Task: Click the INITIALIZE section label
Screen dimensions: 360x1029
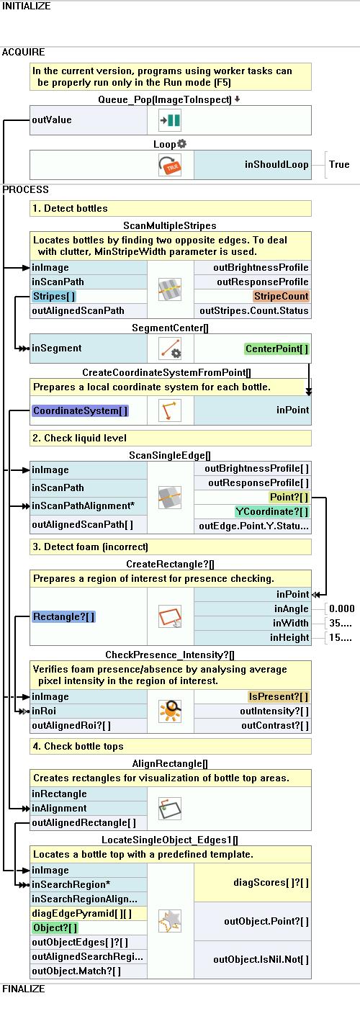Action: point(26,6)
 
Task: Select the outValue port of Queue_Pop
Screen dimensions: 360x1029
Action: point(51,120)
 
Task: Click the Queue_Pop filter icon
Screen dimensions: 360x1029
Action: point(170,120)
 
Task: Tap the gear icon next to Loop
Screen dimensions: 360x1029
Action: point(182,144)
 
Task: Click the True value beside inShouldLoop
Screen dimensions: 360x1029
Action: point(339,164)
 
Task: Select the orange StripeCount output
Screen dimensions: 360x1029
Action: point(281,296)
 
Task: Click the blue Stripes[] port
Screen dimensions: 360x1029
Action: point(54,296)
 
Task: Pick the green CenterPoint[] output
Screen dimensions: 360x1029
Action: point(277,349)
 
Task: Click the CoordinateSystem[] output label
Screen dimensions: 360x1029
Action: point(81,410)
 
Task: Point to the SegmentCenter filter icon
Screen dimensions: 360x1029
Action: point(170,349)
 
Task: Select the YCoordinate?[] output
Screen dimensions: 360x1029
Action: point(272,511)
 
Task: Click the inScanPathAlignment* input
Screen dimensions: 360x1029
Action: point(83,505)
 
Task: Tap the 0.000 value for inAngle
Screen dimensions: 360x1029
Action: point(341,608)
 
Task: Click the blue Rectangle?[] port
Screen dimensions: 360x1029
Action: point(63,616)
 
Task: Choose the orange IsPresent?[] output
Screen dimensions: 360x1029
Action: point(278,696)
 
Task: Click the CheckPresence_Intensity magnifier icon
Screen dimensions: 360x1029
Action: point(170,711)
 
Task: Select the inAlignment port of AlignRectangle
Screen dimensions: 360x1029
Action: point(59,808)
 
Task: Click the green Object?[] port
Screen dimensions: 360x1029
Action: point(55,927)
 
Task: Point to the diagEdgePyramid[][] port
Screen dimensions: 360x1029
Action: point(82,913)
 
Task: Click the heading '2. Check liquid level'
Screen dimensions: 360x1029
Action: point(79,438)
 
